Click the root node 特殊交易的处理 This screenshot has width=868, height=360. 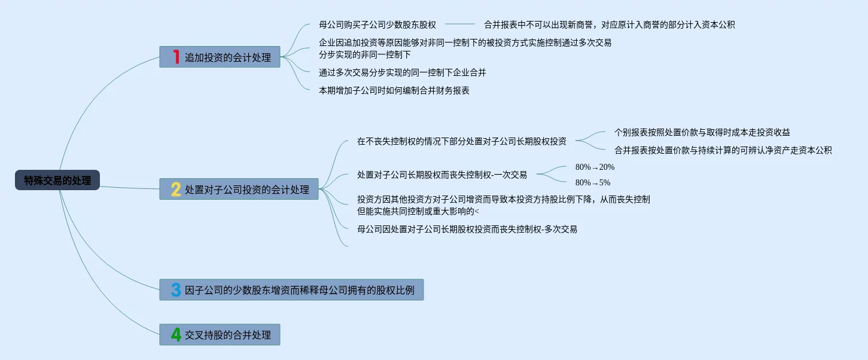pos(57,180)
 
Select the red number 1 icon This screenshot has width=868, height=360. pos(176,57)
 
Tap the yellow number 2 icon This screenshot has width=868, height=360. pos(176,189)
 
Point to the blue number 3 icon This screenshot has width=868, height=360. pos(176,290)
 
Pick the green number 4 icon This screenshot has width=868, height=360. pos(176,334)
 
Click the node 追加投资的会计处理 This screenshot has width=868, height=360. pos(227,57)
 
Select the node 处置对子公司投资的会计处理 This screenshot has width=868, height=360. pos(246,190)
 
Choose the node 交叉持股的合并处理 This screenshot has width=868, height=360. pos(227,335)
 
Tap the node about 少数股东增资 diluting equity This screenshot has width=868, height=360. pos(299,291)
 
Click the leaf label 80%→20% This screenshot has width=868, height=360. pos(595,167)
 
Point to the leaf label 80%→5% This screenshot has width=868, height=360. pos(592,182)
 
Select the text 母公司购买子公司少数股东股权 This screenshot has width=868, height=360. pos(377,25)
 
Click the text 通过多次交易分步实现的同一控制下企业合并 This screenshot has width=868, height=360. pos(402,72)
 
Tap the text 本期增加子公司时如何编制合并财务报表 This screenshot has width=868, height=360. pos(394,90)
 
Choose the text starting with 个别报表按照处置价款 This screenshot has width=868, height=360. pos(702,132)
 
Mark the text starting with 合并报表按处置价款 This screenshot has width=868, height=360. pos(723,150)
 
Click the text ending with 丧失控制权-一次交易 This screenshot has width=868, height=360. pos(441,175)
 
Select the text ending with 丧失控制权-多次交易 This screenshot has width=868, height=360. pos(467,228)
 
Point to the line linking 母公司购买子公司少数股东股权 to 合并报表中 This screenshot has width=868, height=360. pos(459,25)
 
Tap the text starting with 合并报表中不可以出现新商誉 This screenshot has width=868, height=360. pos(609,25)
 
